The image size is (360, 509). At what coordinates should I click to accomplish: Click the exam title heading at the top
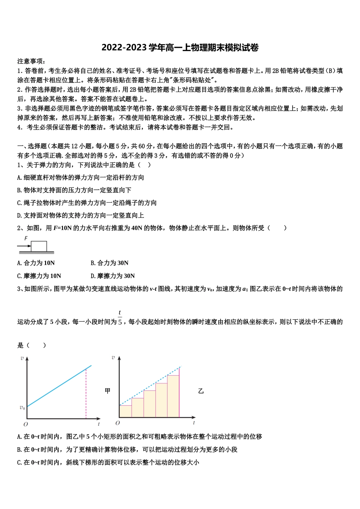pyautogui.click(x=180, y=48)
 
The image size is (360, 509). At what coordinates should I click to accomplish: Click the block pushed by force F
pyautogui.click(x=39, y=246)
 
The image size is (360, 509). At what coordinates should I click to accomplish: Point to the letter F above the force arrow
pyautogui.click(x=26, y=239)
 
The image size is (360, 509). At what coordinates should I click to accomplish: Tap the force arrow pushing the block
pyautogui.click(x=24, y=246)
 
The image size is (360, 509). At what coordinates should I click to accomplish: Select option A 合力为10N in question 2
pyautogui.click(x=36, y=263)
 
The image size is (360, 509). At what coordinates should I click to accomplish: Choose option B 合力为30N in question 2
pyautogui.click(x=110, y=263)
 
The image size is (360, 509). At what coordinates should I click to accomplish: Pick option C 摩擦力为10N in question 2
pyautogui.click(x=39, y=276)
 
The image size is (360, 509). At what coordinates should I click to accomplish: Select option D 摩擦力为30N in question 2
pyautogui.click(x=113, y=276)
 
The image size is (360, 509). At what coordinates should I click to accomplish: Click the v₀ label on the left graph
pyautogui.click(x=22, y=408)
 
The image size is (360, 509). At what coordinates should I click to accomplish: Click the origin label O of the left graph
pyautogui.click(x=25, y=424)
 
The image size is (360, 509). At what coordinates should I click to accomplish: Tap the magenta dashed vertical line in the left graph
pyautogui.click(x=86, y=394)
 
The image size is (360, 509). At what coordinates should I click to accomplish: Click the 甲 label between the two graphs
pyautogui.click(x=108, y=391)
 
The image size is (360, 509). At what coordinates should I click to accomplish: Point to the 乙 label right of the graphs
pyautogui.click(x=201, y=391)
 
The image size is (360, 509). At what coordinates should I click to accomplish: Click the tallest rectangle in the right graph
pyautogui.click(x=173, y=396)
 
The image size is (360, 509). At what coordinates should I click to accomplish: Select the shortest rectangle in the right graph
pyautogui.click(x=125, y=411)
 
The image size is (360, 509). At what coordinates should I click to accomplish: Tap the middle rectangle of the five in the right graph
pyautogui.click(x=149, y=404)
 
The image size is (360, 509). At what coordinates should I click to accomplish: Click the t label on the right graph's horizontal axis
pyautogui.click(x=194, y=423)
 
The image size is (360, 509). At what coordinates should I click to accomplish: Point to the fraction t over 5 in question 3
pyautogui.click(x=120, y=318)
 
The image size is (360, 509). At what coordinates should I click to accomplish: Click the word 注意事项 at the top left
pyautogui.click(x=31, y=61)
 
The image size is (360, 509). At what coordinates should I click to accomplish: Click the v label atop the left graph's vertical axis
pyautogui.click(x=22, y=358)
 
